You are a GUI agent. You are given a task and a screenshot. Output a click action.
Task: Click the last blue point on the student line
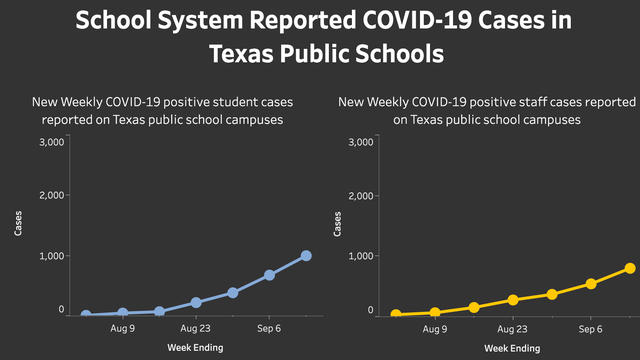(x=306, y=256)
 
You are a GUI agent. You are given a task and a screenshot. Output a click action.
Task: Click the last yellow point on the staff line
(x=630, y=268)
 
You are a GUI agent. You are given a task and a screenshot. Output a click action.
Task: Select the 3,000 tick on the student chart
(x=51, y=142)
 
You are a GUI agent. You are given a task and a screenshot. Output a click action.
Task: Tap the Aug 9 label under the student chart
(x=123, y=328)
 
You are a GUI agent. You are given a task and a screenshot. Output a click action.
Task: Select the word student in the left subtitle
(x=211, y=102)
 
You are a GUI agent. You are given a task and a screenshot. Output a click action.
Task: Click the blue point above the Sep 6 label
(x=270, y=275)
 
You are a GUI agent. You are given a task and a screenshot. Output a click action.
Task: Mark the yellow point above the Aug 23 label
(x=513, y=300)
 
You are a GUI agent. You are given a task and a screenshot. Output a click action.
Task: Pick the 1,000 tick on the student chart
(x=51, y=256)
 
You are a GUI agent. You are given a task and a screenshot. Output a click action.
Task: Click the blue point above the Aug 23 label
(x=196, y=302)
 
